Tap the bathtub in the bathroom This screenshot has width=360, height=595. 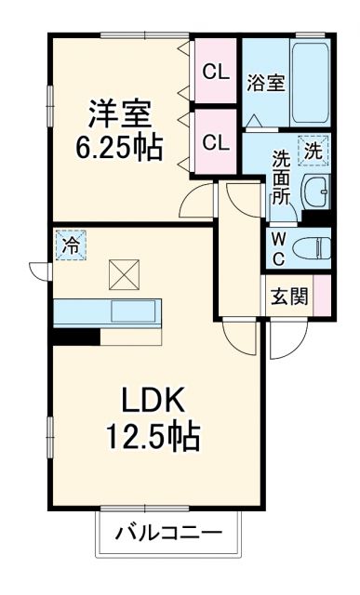coord(311,84)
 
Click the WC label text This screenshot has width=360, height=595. coord(278,246)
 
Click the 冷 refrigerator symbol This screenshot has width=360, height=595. coord(70,245)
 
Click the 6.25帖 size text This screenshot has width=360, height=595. coord(118,146)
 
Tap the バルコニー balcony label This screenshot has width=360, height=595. coord(168,535)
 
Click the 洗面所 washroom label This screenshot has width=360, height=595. coord(281,177)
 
